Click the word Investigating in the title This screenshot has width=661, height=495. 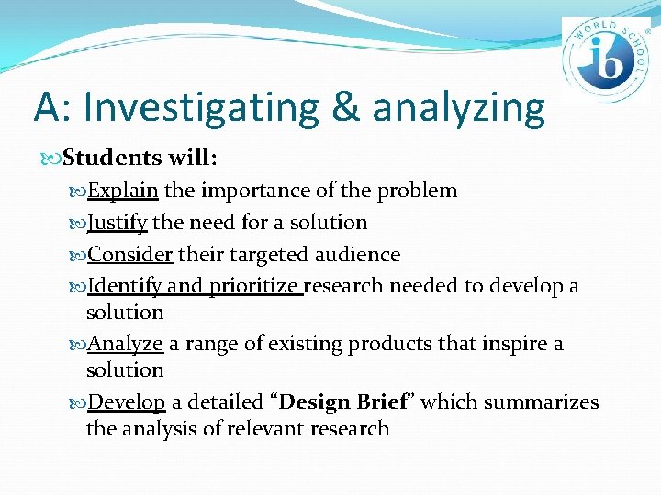200,107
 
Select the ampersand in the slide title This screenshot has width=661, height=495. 345,107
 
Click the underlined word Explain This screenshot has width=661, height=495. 123,191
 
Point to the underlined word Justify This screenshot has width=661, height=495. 118,223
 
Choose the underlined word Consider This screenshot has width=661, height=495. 129,254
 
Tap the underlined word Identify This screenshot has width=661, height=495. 124,286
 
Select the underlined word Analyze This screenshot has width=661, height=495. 125,344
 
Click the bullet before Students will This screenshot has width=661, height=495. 53,159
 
